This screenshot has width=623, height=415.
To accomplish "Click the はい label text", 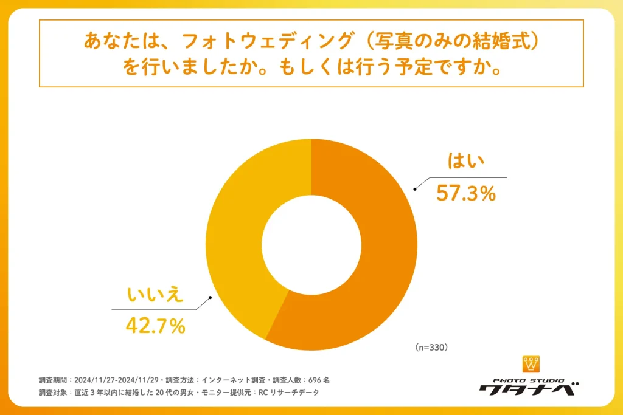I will pyautogui.click(x=466, y=162).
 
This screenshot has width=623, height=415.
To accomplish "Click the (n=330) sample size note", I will pyautogui.click(x=431, y=348).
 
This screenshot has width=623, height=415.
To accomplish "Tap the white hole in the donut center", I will pyautogui.click(x=311, y=244).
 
